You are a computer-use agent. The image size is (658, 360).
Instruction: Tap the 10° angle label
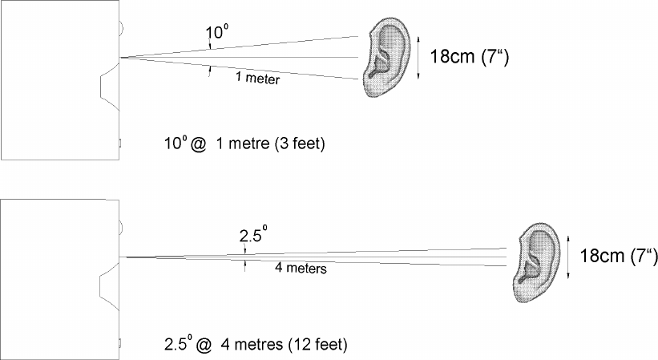coord(219,33)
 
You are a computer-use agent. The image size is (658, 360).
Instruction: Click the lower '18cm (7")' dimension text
coord(612,256)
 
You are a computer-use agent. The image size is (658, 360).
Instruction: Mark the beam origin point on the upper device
coord(119,58)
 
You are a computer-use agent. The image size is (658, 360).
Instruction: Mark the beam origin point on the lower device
coord(119,257)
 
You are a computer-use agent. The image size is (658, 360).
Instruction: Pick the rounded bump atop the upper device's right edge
coord(122,29)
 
